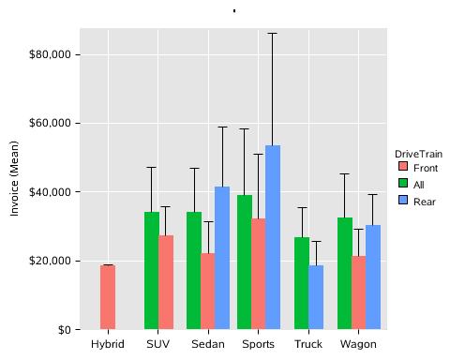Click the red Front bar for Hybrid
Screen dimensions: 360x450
coord(108,297)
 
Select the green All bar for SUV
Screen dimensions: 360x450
coord(151,271)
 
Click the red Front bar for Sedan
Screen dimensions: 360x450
coord(208,292)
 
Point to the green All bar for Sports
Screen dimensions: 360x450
coord(244,262)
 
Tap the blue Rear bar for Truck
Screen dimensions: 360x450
coord(316,297)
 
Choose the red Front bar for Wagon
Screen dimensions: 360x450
coord(359,292)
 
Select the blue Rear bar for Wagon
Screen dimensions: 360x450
coord(373,277)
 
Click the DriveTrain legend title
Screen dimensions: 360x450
coord(417,153)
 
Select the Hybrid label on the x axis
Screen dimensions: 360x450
coord(108,345)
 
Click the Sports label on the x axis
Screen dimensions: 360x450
coord(259,345)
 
